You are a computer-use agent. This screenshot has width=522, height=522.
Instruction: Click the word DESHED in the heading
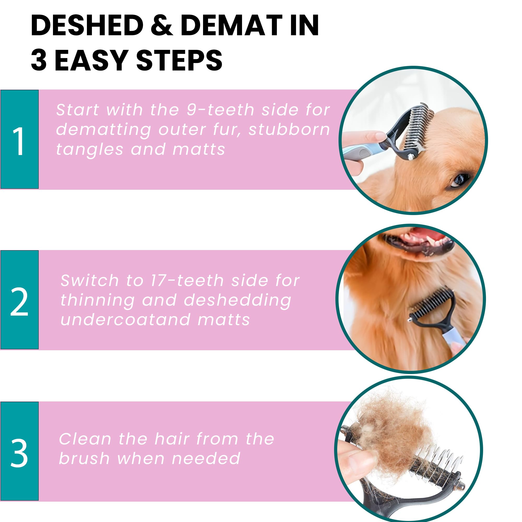click(x=87, y=25)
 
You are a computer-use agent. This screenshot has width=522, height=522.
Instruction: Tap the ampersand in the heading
click(x=162, y=25)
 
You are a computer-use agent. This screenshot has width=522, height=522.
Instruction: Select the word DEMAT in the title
click(x=231, y=25)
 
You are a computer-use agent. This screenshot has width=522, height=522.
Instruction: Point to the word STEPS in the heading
click(x=179, y=61)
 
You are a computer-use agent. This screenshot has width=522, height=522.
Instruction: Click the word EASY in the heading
click(x=91, y=61)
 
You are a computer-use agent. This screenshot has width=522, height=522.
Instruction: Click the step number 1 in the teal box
click(x=19, y=141)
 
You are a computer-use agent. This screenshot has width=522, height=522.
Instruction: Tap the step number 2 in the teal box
click(x=19, y=302)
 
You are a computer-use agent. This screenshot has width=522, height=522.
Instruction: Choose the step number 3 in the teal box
click(x=19, y=453)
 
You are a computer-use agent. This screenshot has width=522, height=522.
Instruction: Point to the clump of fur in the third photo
click(x=392, y=430)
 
